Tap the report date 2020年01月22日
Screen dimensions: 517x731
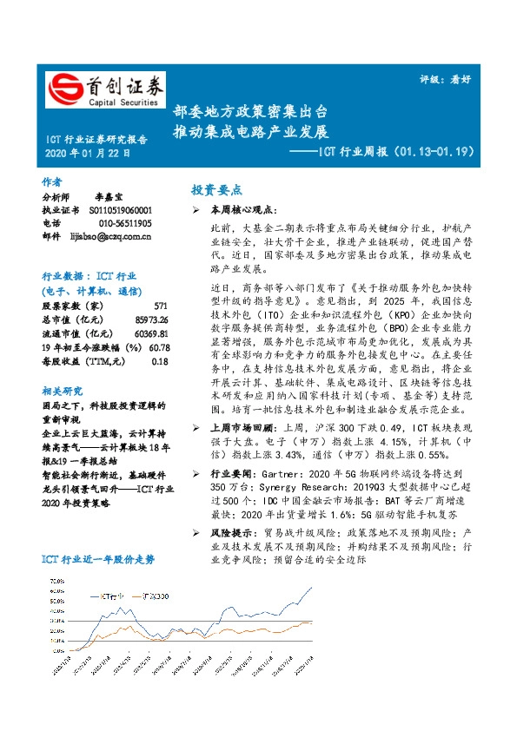click(x=86, y=154)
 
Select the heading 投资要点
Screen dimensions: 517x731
click(x=216, y=190)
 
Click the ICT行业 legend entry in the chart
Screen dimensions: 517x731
click(x=109, y=596)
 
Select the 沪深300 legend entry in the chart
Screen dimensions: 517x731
click(x=153, y=596)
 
